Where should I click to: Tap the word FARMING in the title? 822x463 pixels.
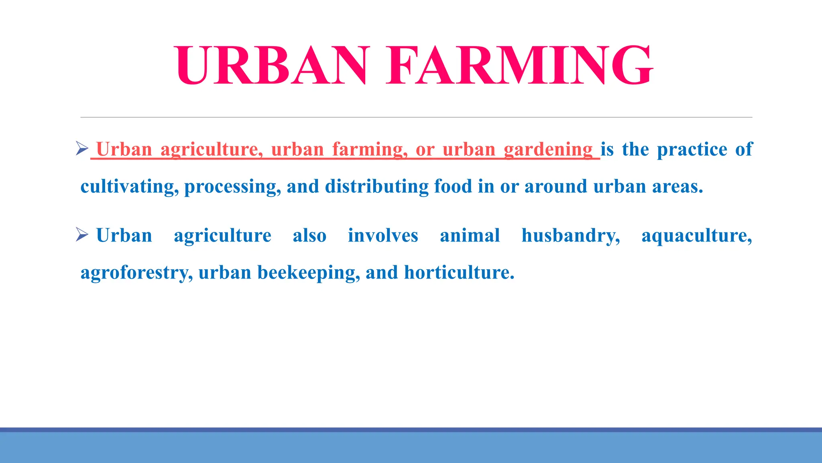coord(519,66)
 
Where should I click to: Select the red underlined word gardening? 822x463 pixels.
coord(548,150)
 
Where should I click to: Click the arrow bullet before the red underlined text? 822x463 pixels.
coord(82,149)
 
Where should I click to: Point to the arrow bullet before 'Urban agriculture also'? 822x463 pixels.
coord(82,235)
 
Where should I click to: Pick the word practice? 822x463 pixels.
coord(692,150)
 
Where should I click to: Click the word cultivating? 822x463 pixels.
coord(129,187)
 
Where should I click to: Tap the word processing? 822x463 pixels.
coord(232,187)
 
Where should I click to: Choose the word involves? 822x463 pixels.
coord(383,236)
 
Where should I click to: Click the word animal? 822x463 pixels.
coord(470,236)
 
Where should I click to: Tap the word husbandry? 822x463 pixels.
coord(570,236)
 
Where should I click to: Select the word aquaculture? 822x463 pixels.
coord(696,236)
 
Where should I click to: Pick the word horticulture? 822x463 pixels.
coord(459,272)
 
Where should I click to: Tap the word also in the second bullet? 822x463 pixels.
coord(309,236)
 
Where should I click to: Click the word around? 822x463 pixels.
coord(556,186)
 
